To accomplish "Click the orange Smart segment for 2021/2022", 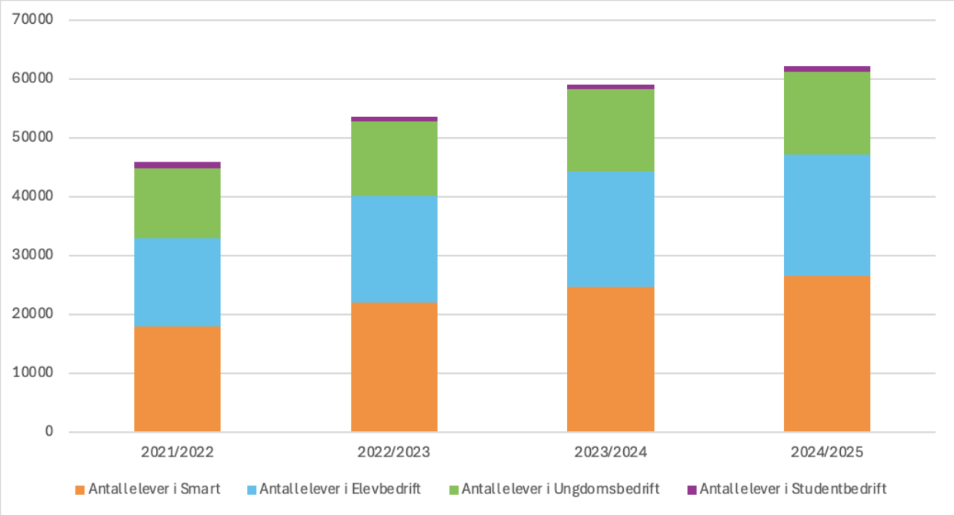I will click(x=177, y=379).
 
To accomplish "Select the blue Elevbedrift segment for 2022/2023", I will click(x=394, y=249).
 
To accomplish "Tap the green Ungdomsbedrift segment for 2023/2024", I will click(x=610, y=130).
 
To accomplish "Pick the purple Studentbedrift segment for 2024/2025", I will click(x=827, y=69).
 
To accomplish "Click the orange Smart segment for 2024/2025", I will click(x=827, y=353).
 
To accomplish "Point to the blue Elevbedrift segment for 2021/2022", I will click(x=177, y=283).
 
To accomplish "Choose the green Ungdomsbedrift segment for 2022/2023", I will click(x=394, y=159).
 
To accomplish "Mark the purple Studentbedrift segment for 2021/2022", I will click(x=177, y=165).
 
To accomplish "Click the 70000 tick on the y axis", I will click(x=33, y=20).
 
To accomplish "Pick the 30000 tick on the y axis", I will click(x=33, y=256).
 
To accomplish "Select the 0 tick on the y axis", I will click(x=48, y=432).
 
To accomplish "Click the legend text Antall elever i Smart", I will click(x=154, y=489).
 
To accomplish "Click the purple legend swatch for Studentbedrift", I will click(x=692, y=490).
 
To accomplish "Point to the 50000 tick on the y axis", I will click(x=33, y=138).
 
